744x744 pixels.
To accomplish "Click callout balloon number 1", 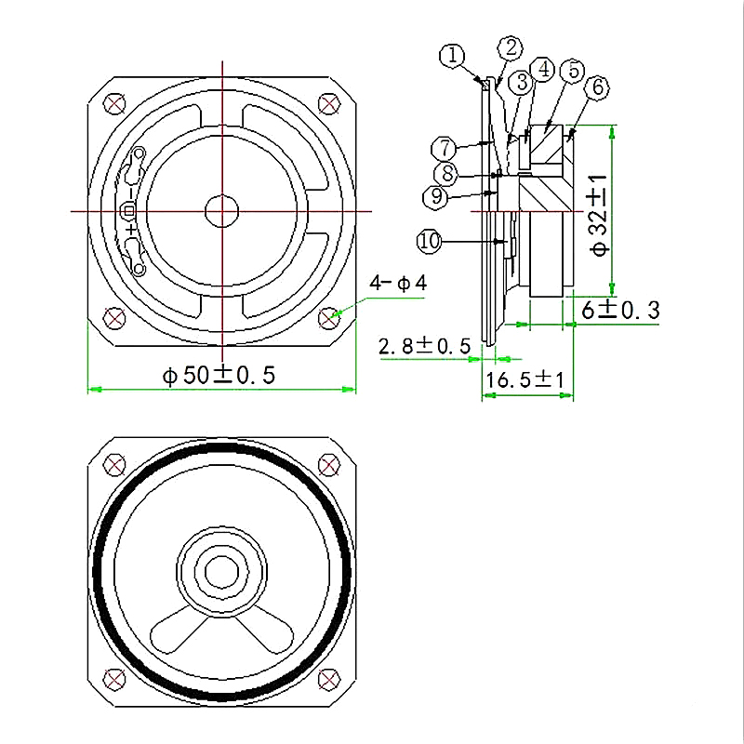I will tap(453, 56).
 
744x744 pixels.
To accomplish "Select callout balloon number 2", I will tap(510, 47).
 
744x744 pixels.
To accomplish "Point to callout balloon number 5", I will tap(574, 70).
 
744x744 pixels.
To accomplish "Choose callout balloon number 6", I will tap(597, 87).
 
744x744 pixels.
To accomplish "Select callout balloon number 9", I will tap(434, 196).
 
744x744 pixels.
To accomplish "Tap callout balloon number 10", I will tap(429, 242).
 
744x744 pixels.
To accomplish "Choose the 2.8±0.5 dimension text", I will tap(423, 347).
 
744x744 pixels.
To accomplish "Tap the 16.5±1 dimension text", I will tap(526, 379).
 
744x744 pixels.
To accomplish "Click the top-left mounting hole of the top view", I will tap(114, 103).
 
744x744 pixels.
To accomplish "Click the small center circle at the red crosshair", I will tap(221, 211).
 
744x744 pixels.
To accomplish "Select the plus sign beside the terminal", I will tap(130, 228).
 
